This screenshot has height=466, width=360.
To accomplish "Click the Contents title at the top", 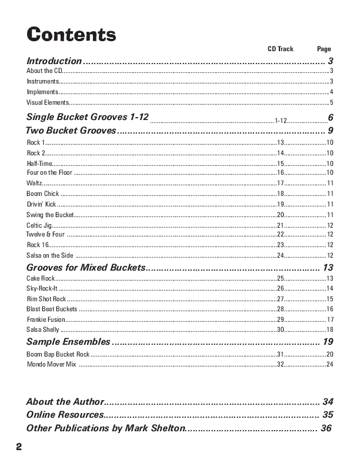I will click(x=71, y=35).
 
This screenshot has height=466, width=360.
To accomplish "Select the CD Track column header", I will click(x=281, y=49).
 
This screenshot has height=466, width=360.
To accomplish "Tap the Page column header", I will click(x=324, y=49).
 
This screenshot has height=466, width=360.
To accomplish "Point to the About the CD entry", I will click(x=44, y=71).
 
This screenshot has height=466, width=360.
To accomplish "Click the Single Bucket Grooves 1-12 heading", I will click(x=88, y=117).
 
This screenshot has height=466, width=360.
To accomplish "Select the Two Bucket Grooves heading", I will click(x=71, y=131).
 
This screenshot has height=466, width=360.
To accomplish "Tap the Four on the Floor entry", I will click(x=49, y=173).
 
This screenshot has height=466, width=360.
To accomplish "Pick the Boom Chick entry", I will click(x=42, y=194).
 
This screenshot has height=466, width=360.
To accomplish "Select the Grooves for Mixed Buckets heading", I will click(x=85, y=268).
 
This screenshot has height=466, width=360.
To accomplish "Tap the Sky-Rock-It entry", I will click(x=42, y=288).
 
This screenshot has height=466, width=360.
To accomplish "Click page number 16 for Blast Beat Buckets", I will click(x=330, y=309).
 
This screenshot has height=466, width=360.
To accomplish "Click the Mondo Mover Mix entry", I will click(x=52, y=365).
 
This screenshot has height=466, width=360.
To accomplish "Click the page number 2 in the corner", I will click(x=19, y=447).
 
